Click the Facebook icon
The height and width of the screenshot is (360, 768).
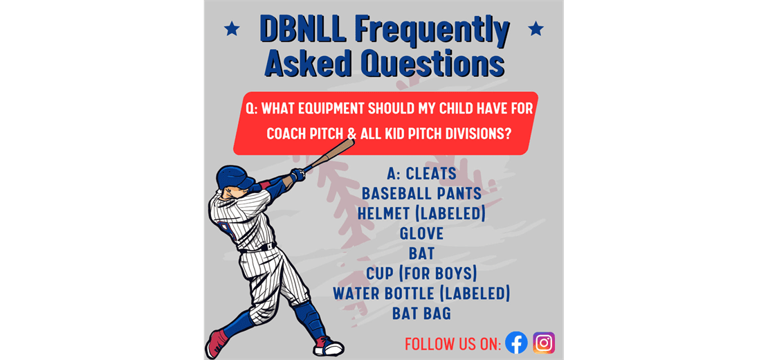[x=516, y=343]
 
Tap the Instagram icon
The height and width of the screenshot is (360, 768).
[x=544, y=343]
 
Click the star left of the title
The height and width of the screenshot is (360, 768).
[x=232, y=29]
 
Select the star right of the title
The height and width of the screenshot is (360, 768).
[x=536, y=29]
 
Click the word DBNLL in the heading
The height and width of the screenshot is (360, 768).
[x=302, y=31]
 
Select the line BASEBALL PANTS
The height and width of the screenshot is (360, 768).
[x=421, y=193]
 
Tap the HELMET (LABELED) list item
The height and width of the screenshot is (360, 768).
[x=421, y=213]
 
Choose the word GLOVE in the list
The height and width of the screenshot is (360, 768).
[x=421, y=233]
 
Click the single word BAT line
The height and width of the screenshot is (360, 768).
[x=421, y=253]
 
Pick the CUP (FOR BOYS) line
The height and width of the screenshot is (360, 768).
[x=421, y=273]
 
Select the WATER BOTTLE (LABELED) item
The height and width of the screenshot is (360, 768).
[x=421, y=294]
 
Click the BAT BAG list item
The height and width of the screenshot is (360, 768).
[x=421, y=314]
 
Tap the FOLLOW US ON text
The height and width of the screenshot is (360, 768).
[x=452, y=343]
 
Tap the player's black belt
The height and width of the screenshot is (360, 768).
[x=259, y=248]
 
